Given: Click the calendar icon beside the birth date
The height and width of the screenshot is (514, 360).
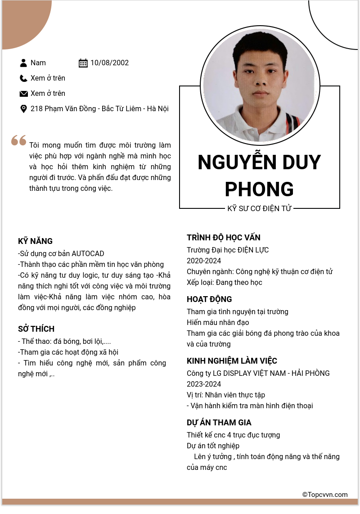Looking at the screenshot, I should coord(83,63).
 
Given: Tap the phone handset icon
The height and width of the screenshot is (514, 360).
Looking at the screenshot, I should coord(23,78).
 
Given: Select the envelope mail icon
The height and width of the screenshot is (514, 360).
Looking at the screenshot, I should coord(23,94).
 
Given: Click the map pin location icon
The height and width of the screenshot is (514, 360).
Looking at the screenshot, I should coord(23,109).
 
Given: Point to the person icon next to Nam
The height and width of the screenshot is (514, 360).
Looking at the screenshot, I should coord(23,63).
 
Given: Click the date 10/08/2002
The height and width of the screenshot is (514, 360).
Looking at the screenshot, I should coord(109,63).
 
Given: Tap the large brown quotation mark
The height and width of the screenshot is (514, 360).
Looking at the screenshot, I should coord(19,140).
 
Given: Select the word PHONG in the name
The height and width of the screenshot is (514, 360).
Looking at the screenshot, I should coord(259,189).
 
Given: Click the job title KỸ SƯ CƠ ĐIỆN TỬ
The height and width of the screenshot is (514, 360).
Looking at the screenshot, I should coord(260,208).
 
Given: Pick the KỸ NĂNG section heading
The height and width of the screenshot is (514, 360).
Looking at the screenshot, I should coord(35,241).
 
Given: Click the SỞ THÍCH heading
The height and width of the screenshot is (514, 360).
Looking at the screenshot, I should coord(36,329).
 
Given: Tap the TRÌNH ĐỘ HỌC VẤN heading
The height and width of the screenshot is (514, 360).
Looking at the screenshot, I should coord(224,238).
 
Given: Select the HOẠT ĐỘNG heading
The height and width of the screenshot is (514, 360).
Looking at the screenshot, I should coord(209,299).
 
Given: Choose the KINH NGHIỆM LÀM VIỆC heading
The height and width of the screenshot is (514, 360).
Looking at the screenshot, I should coord(232,361).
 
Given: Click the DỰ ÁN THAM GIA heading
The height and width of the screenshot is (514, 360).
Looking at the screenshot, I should coord(219,423).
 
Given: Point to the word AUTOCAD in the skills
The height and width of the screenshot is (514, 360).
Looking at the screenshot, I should coord(88,253).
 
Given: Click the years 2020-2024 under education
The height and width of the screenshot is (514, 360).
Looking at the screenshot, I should coord(204,261).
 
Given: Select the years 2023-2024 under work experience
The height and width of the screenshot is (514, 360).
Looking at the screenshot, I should coord(204,384).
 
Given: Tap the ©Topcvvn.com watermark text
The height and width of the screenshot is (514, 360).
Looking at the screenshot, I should coord(325,495).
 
